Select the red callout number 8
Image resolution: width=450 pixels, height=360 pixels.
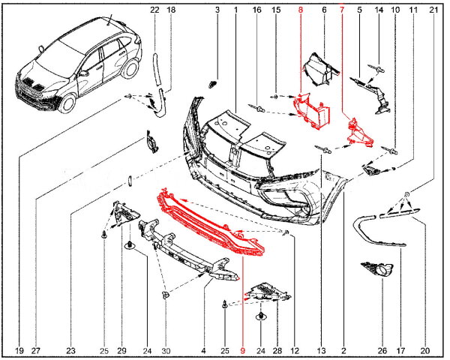pos(301,10)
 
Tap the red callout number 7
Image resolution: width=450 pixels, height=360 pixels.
pos(343,10)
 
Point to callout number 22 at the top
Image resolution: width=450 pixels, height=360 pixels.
pos(154,10)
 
